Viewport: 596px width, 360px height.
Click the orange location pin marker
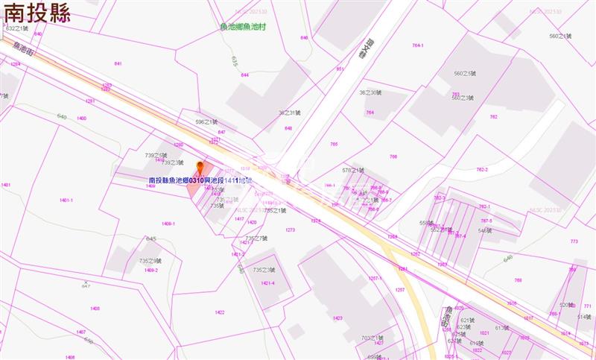(x=199, y=167)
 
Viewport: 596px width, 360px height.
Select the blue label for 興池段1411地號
(x=201, y=180)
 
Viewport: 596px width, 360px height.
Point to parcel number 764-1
(x=418, y=45)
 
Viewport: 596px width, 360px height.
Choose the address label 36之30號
(x=370, y=92)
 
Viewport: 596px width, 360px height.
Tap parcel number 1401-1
(x=66, y=200)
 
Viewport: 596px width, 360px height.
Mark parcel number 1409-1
(x=168, y=223)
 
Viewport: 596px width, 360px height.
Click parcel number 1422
(x=219, y=312)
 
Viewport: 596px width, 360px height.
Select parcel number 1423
(x=337, y=318)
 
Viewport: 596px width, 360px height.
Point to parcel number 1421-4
(x=268, y=283)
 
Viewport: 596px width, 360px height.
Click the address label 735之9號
(x=151, y=260)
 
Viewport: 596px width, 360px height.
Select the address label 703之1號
(x=372, y=338)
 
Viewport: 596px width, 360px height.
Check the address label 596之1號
(x=206, y=121)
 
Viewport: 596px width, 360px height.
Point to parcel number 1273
(x=290, y=230)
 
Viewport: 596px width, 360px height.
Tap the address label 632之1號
(x=17, y=27)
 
